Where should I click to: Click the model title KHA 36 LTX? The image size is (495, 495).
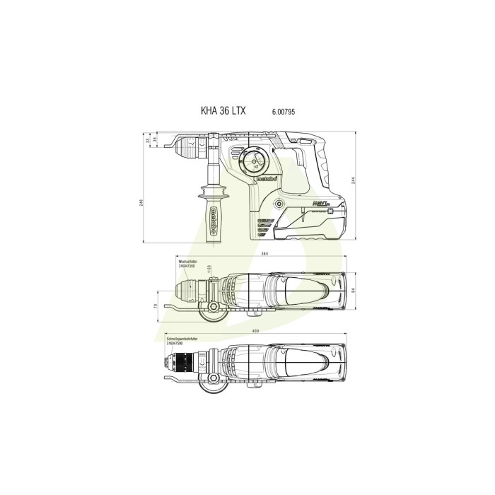(222, 112)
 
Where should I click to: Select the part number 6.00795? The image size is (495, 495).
(283, 112)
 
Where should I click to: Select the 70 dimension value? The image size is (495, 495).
(155, 306)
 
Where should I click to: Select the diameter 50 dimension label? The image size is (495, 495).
(209, 267)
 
